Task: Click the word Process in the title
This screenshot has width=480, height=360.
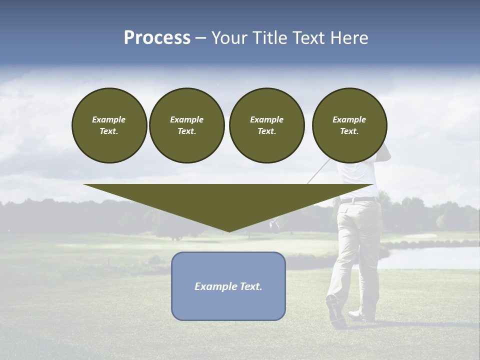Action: click(x=157, y=38)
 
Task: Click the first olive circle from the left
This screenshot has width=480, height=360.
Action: click(x=109, y=125)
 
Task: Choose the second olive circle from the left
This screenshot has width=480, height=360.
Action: click(x=186, y=125)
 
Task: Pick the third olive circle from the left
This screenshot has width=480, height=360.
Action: click(x=266, y=125)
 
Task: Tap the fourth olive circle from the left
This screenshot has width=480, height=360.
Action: click(x=349, y=125)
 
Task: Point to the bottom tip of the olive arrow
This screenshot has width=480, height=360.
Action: click(x=229, y=230)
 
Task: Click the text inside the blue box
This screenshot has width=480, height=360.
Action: click(x=228, y=286)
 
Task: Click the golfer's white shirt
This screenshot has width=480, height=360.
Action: click(x=357, y=175)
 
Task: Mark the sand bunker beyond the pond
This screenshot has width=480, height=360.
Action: click(x=420, y=236)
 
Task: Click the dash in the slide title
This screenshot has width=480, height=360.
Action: click(x=200, y=38)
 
